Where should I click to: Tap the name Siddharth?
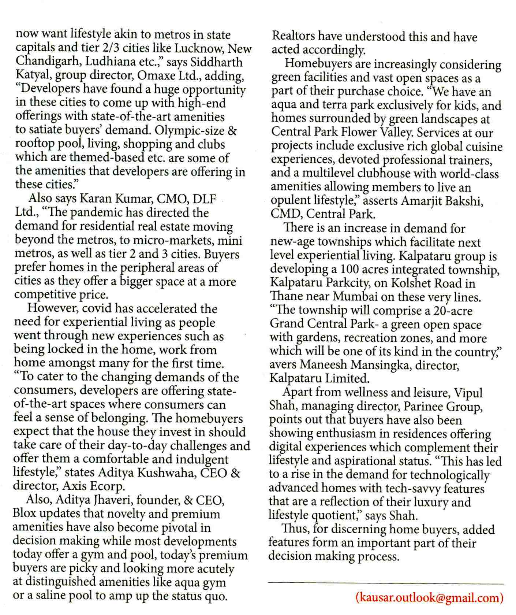(x=215, y=62)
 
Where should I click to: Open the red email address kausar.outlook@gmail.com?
(x=429, y=598)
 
